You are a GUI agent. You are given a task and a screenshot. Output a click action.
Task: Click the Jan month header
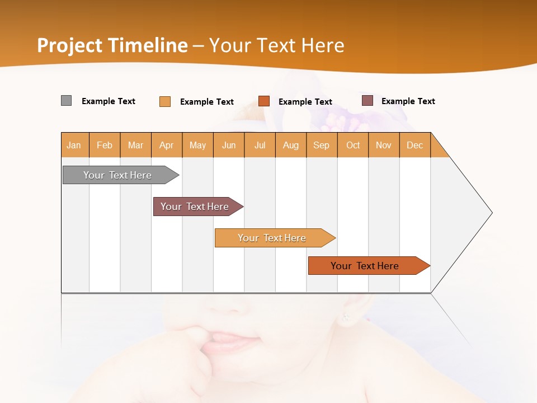point(74,145)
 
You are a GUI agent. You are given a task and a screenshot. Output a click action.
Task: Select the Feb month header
point(105,145)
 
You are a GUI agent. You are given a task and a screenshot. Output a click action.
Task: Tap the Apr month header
point(167,145)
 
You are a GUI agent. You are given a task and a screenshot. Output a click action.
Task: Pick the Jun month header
point(229,145)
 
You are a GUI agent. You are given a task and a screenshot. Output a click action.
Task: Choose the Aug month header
point(291,145)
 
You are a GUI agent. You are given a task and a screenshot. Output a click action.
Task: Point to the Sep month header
point(322,145)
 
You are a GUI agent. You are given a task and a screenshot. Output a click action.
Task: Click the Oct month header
point(353,145)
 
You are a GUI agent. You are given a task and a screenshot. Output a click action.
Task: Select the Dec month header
point(415,145)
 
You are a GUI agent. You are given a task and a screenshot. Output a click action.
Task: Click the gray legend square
point(67,101)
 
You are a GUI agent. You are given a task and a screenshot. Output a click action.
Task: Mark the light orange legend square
point(165,101)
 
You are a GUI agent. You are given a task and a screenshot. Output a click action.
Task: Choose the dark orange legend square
point(264,101)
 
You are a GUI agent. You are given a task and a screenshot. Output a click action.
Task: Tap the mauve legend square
point(368,101)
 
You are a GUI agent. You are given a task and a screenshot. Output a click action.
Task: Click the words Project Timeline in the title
point(112,45)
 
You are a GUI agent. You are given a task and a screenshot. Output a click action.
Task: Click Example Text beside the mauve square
point(408,101)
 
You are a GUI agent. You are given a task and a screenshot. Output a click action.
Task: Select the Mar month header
point(136,145)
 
